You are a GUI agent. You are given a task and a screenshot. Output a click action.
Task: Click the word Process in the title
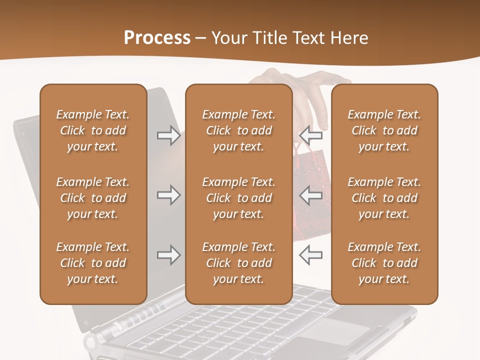157,38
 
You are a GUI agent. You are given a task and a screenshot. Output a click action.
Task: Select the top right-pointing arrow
168,135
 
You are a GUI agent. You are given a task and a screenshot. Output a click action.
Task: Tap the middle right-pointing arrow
168,195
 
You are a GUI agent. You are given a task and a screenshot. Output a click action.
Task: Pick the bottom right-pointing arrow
168,255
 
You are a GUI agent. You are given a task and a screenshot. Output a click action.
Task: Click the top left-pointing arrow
310,135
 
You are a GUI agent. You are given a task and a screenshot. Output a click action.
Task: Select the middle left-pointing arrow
310,195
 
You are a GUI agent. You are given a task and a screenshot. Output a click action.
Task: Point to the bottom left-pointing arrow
310,255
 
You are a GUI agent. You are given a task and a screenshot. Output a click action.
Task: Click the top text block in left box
93,130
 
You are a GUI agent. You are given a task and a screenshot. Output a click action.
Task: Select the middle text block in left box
93,198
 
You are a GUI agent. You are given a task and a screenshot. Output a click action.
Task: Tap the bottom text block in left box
93,263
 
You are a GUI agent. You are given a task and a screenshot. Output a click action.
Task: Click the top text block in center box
238,130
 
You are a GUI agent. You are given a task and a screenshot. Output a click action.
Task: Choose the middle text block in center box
238,198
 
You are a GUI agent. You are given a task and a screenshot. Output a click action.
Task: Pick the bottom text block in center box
238,263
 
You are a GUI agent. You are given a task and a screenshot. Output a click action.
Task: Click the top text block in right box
384,130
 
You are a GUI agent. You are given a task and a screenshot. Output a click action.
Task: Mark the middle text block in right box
384,198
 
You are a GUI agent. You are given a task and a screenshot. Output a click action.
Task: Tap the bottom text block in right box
384,263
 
